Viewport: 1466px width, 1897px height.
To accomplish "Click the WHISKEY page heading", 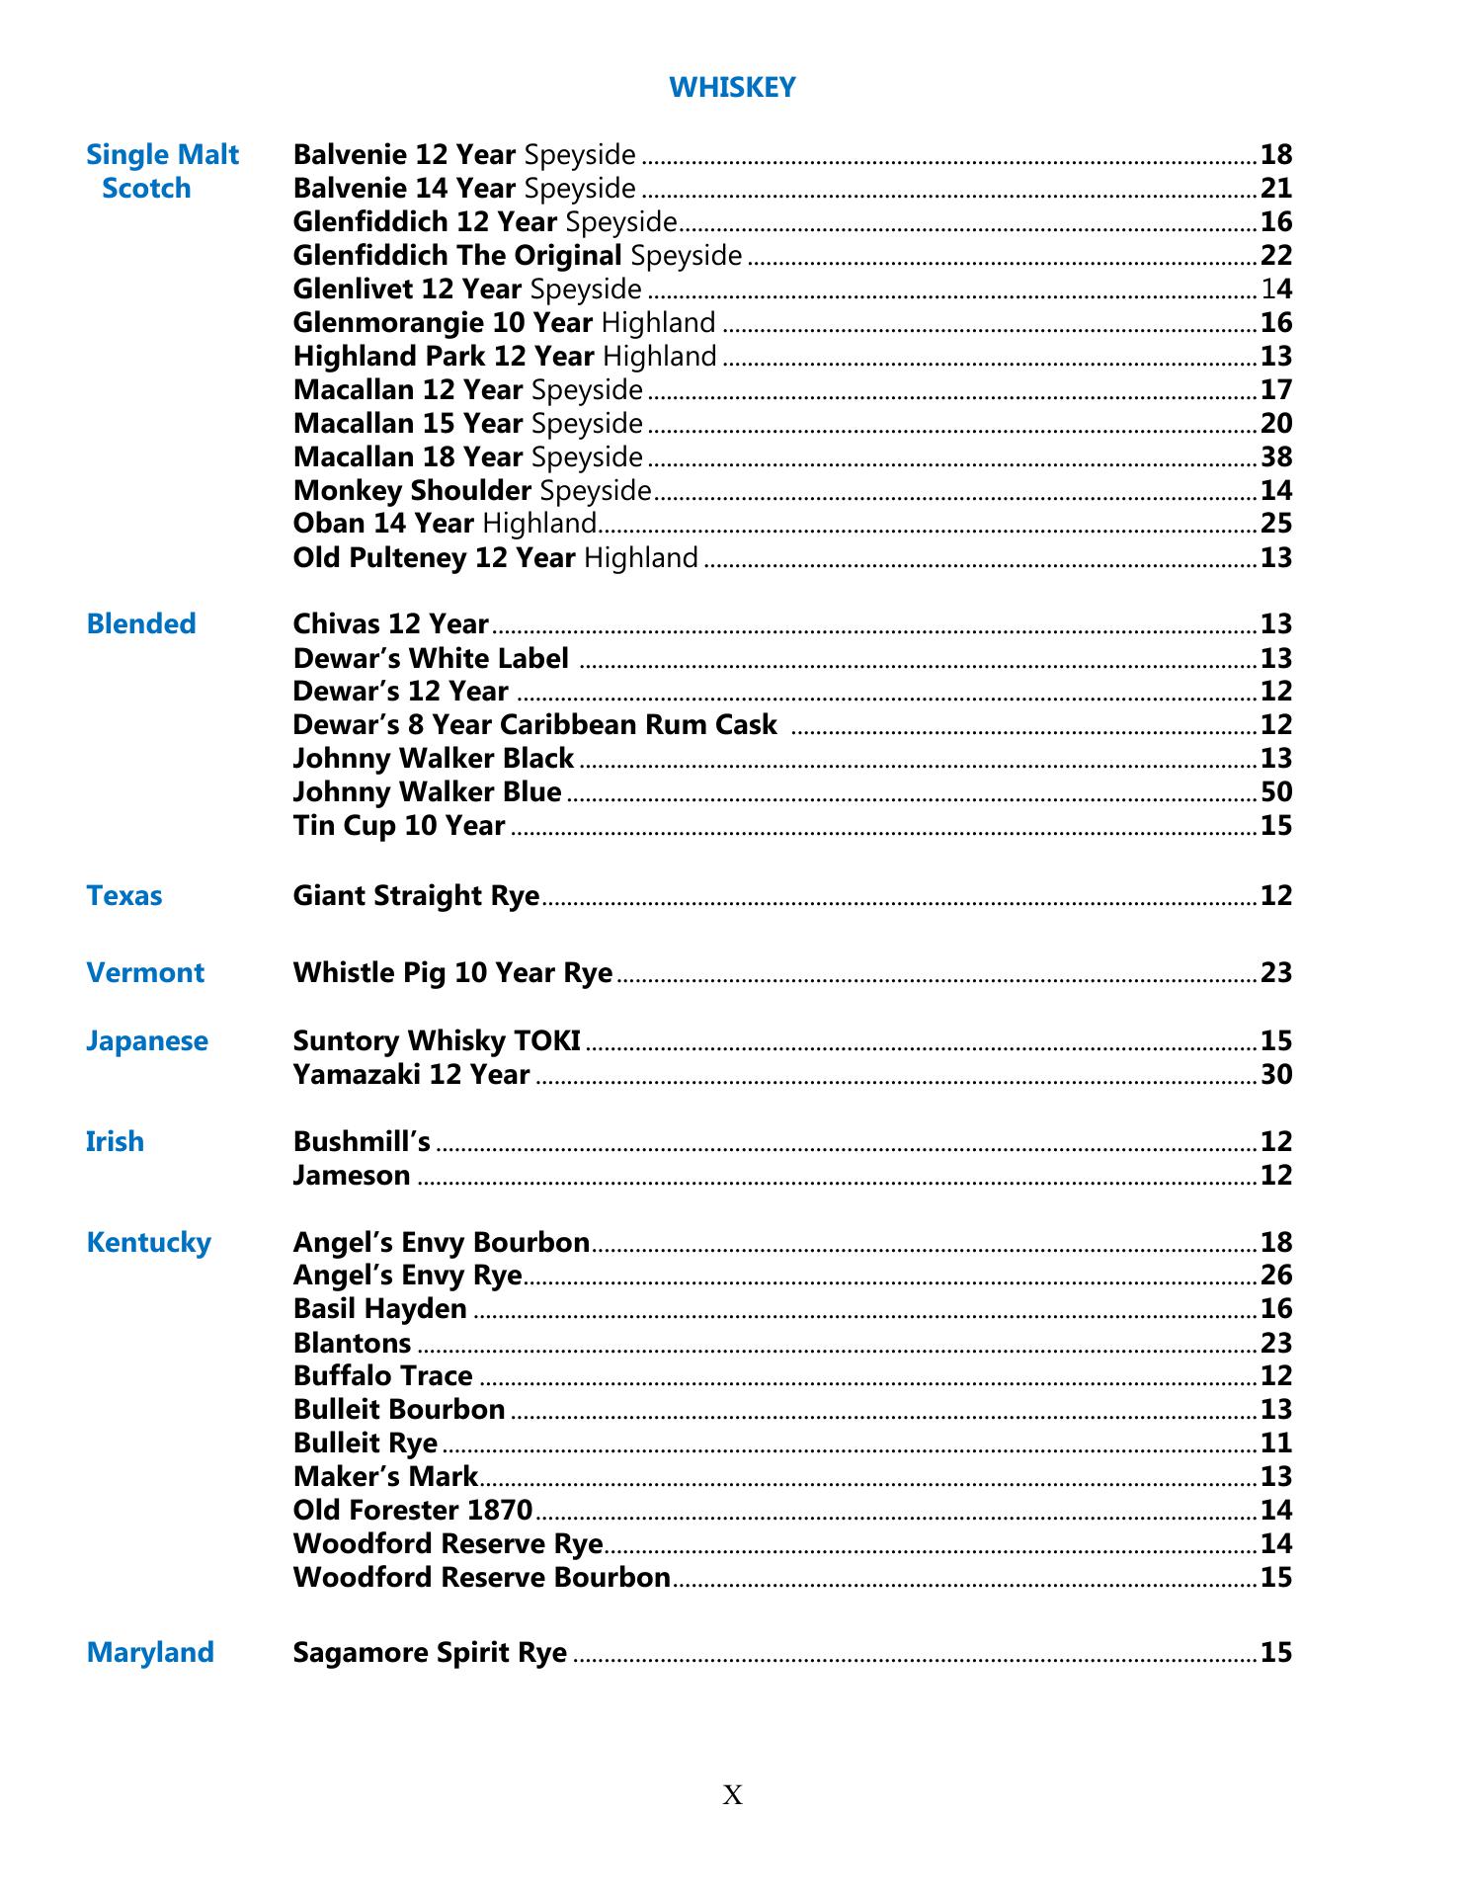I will (x=732, y=88).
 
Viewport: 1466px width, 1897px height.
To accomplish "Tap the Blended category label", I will (x=141, y=624).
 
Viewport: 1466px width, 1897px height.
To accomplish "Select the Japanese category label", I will (x=147, y=1041).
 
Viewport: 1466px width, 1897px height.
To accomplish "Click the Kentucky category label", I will (x=149, y=1243).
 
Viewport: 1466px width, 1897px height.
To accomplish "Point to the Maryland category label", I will (x=150, y=1653).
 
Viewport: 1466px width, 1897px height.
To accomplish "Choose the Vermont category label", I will (x=145, y=973).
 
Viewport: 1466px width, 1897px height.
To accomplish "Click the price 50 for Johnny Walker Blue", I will (x=1276, y=792).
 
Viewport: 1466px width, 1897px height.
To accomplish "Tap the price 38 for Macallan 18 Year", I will (x=1276, y=457).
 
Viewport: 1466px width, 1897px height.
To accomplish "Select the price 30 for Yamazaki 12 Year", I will (x=1276, y=1075).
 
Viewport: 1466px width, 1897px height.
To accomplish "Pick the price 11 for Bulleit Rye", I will (x=1276, y=1443).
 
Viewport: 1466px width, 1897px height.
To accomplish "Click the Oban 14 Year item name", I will (x=383, y=524).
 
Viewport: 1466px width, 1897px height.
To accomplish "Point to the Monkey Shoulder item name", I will (x=412, y=491).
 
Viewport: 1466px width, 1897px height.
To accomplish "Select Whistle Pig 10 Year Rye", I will (x=452, y=973).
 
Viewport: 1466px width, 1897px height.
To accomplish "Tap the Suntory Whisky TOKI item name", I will (x=437, y=1041).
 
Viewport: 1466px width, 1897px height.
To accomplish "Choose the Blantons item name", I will (x=352, y=1344).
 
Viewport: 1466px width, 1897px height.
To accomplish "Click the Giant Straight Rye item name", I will (x=416, y=896).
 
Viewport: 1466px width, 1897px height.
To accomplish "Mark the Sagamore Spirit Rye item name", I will (x=430, y=1653).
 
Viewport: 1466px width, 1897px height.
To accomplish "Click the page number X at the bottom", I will (x=732, y=1795).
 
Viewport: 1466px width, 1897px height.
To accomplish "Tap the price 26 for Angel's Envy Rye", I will (x=1276, y=1276).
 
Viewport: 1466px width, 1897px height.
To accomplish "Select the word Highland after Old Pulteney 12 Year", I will (x=641, y=558).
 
